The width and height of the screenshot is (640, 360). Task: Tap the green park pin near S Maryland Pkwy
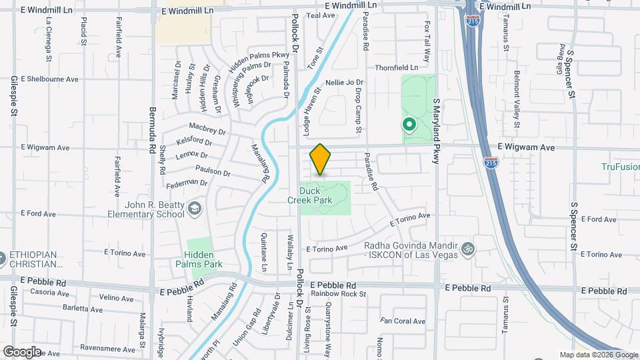point(408,125)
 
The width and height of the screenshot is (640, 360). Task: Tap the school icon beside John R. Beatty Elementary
point(195,209)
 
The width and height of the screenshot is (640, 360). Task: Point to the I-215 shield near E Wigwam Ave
point(491,162)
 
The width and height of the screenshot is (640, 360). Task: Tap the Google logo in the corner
point(21,351)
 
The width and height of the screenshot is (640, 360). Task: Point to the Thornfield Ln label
point(396,67)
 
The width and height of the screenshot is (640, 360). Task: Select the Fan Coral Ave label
point(403,321)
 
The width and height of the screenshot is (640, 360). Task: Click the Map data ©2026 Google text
point(598,355)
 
